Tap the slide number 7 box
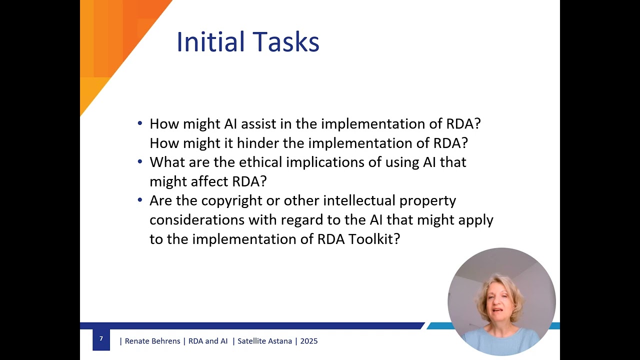point(101,339)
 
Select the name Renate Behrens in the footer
point(152,341)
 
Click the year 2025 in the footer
point(309,341)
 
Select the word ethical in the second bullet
point(264,162)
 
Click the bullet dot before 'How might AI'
point(140,123)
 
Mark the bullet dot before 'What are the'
point(140,162)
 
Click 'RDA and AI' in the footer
point(208,341)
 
